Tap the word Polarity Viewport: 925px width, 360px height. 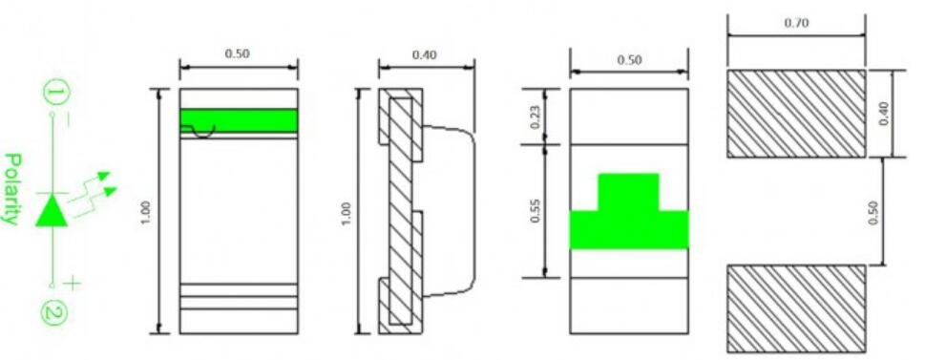pos(12,189)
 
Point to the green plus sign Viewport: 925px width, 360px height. pos(72,284)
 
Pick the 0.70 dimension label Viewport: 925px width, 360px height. pos(796,24)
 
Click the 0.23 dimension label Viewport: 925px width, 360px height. pos(534,116)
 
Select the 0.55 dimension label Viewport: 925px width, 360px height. pos(534,211)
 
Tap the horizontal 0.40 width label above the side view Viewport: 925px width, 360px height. pos(425,54)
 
